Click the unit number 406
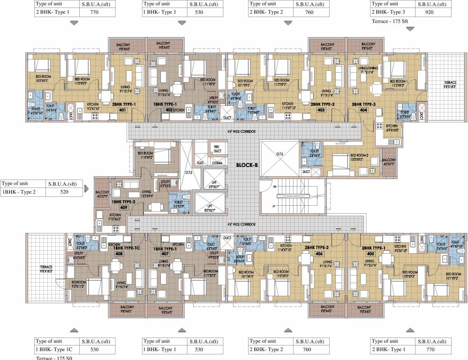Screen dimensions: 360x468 click(x=319, y=253)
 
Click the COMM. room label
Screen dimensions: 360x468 click(x=217, y=163)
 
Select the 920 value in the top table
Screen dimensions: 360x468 click(x=429, y=14)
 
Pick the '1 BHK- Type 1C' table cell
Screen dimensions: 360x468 click(x=53, y=350)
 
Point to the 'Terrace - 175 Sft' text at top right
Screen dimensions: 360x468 click(x=391, y=21)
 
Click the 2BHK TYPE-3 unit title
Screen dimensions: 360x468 click(x=364, y=104)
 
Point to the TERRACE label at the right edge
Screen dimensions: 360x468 click(x=450, y=83)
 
